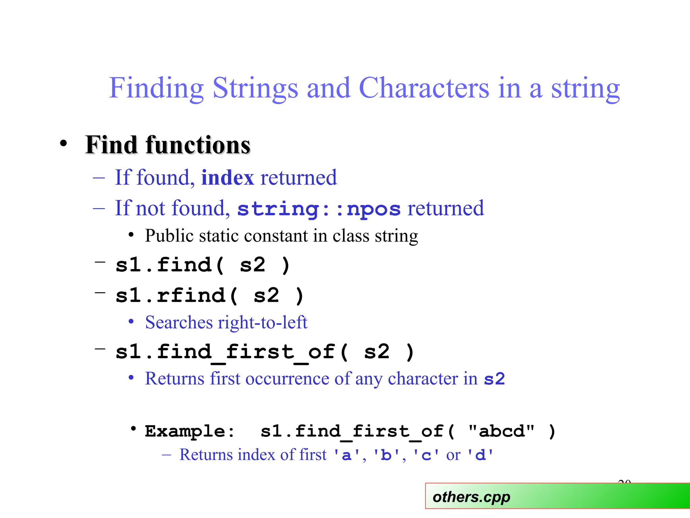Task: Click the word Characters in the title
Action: pos(424,88)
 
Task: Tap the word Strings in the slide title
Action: pos(255,88)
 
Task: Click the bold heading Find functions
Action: pos(168,145)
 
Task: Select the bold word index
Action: pos(227,178)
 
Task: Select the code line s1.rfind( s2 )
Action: pos(210,296)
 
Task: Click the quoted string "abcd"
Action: pos(501,432)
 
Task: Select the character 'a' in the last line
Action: pos(346,456)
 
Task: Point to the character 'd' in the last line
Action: pos(480,456)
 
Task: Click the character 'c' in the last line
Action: pos(426,456)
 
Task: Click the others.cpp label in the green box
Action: pos(471,497)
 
